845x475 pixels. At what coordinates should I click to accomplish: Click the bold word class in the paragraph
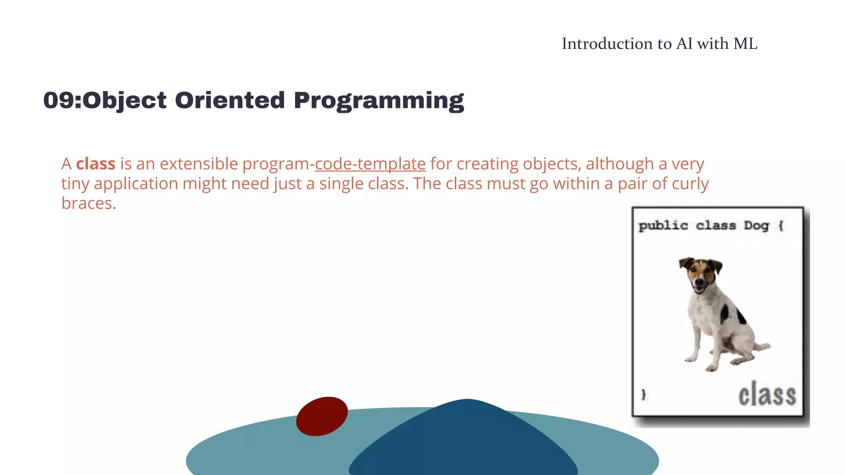[x=96, y=164]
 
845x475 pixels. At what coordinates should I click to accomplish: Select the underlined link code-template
[x=370, y=164]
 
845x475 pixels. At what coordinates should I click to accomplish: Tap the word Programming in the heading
[x=379, y=100]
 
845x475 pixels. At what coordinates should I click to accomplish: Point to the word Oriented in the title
[x=230, y=100]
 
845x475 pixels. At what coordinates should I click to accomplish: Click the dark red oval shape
[x=322, y=416]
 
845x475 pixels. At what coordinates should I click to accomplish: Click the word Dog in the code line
[x=756, y=226]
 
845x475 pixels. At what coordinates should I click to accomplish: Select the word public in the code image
[x=663, y=226]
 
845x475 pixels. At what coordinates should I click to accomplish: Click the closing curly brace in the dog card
[x=643, y=395]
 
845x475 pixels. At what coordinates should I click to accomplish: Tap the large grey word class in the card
[x=767, y=395]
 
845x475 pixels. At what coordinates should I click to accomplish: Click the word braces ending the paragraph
[x=89, y=203]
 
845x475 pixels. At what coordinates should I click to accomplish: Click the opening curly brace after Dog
[x=781, y=226]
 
